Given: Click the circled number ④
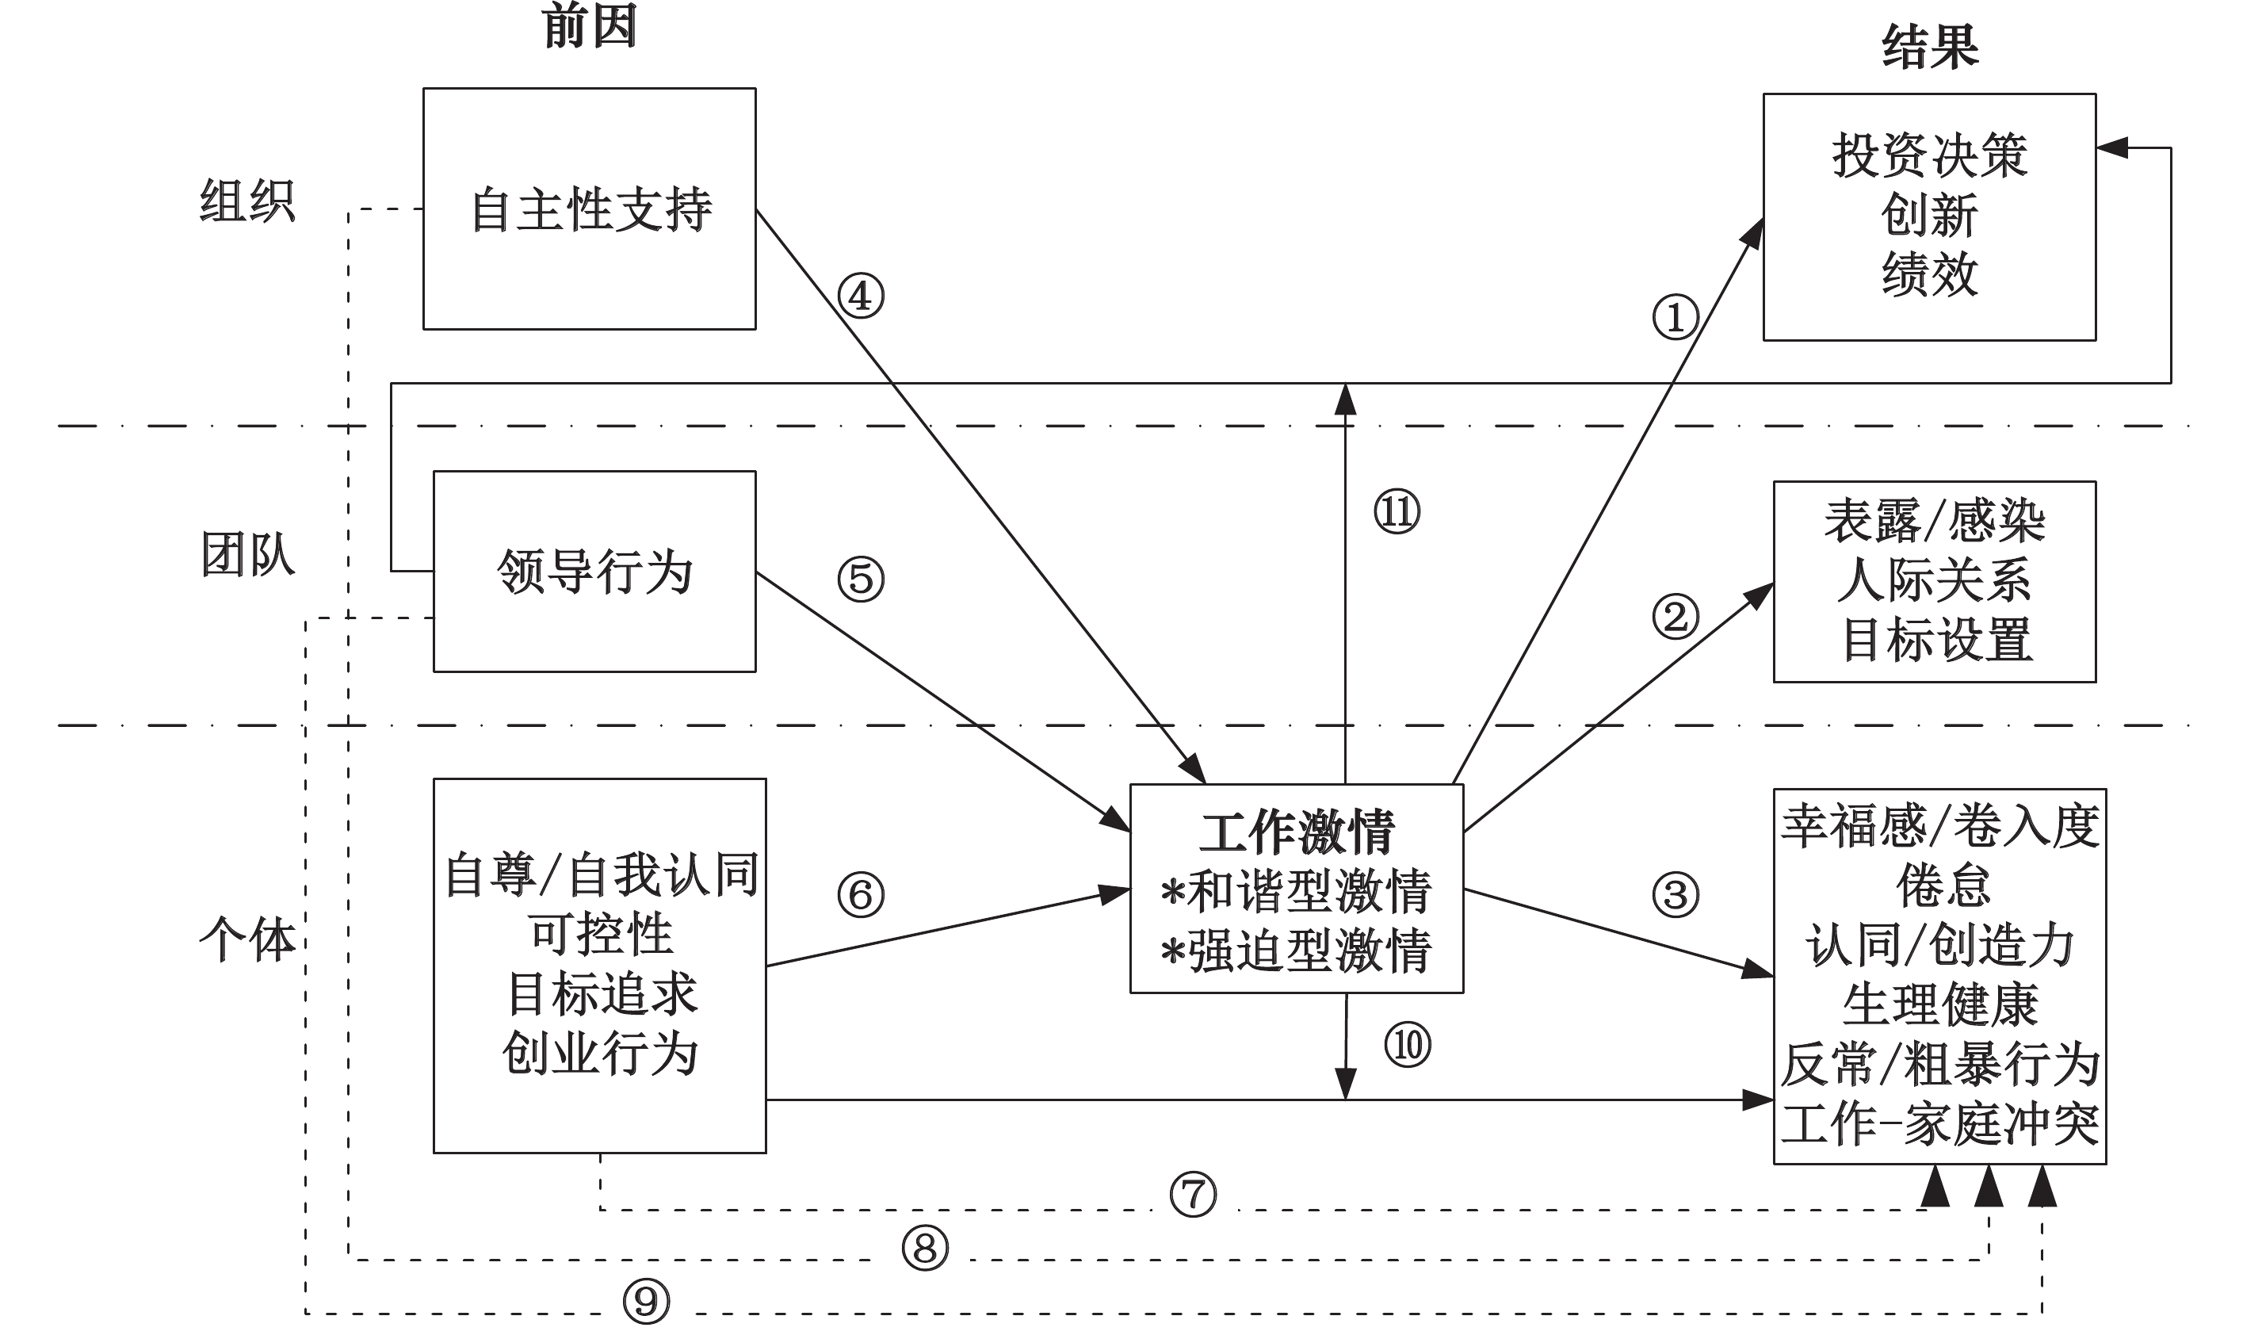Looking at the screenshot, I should click(861, 296).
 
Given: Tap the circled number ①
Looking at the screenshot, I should click(1675, 318).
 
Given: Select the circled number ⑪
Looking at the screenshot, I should click(1397, 512).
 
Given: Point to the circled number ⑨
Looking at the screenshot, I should click(646, 1301).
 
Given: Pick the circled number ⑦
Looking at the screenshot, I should click(1194, 1195).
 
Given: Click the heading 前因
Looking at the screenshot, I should click(590, 27).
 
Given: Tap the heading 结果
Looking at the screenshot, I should click(1930, 47).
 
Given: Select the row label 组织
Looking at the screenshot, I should click(247, 201).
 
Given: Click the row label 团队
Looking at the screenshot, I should click(247, 554).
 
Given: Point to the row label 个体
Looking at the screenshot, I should click(247, 941).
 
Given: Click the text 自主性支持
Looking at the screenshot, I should click(591, 209).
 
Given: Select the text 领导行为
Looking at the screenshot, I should click(594, 572).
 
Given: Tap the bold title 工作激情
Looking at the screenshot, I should click(1296, 832).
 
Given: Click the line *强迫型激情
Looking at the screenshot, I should click(1296, 952).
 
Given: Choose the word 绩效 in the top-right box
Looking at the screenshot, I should click(1930, 274).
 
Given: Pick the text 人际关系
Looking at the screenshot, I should click(1934, 581).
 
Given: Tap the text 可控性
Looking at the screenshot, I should click(600, 935).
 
